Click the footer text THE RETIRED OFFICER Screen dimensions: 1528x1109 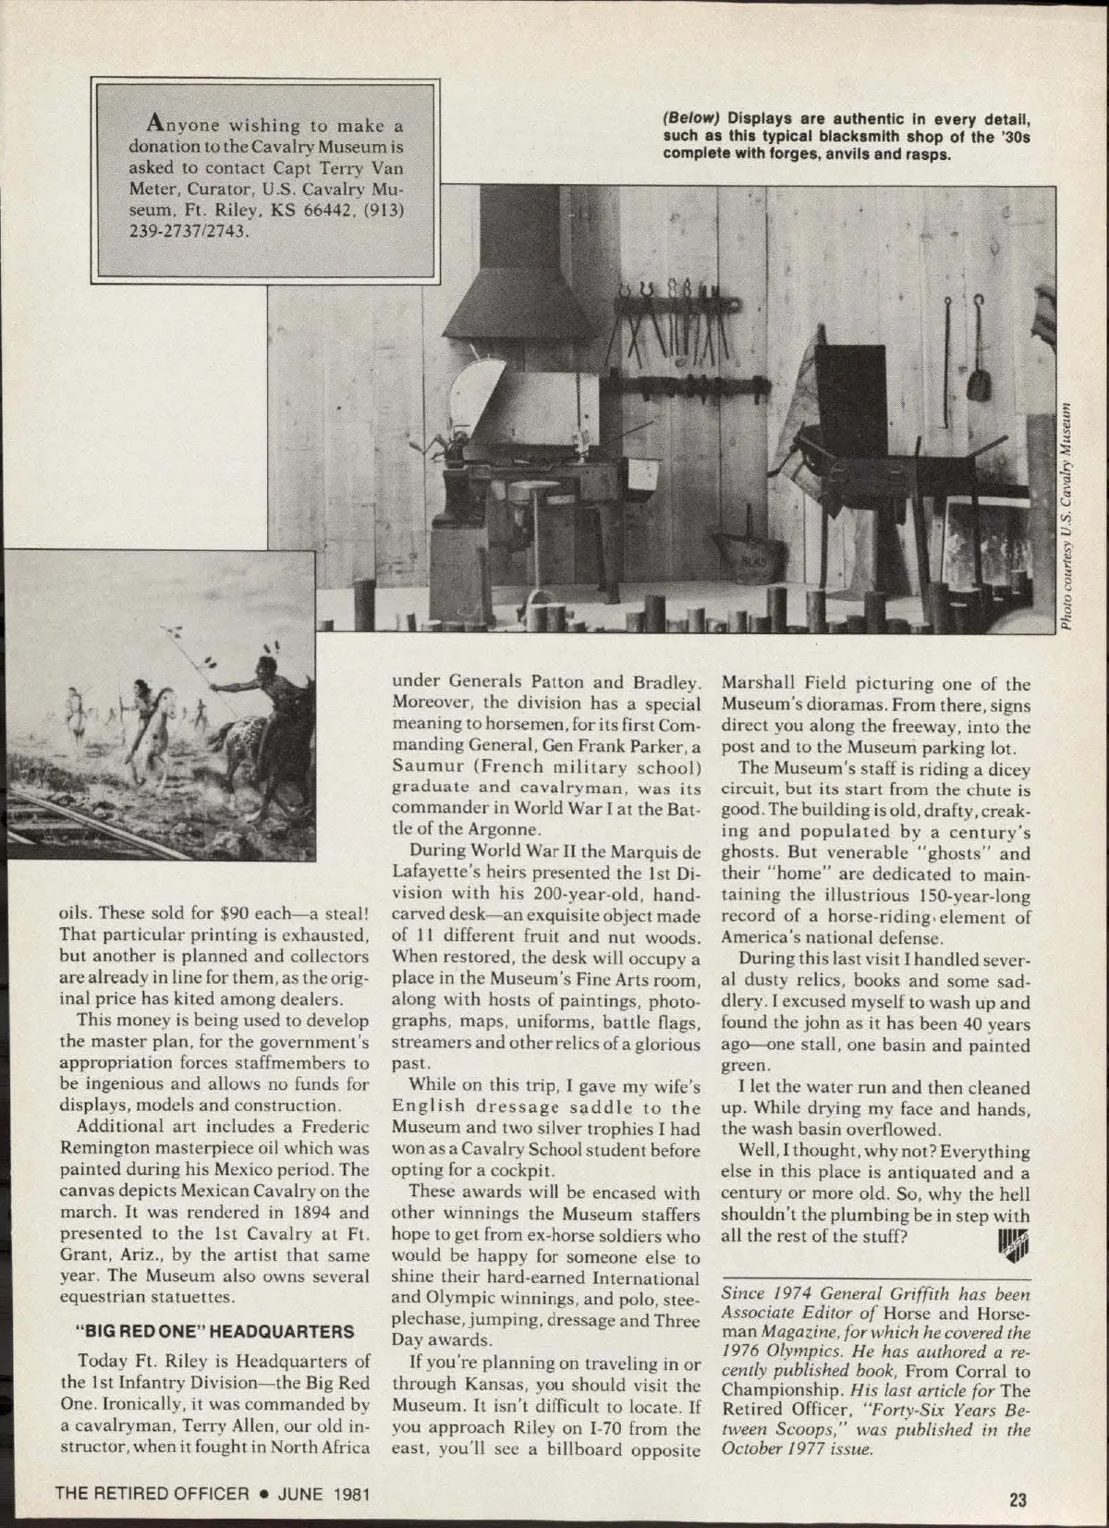click(152, 1492)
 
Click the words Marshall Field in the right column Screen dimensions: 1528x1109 click(772, 684)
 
